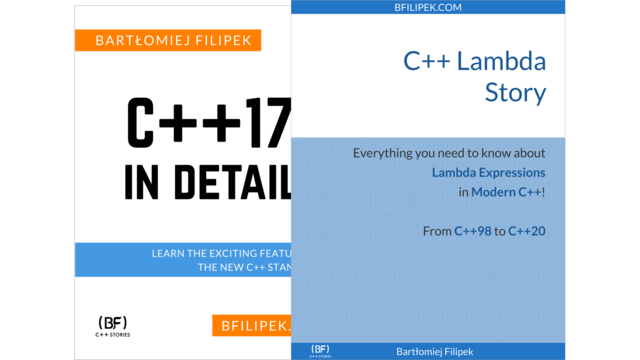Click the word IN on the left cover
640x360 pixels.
pos(143,182)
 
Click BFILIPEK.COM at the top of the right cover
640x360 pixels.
pos(428,7)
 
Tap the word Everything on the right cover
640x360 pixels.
pos(389,154)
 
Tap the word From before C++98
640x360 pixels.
pos(436,232)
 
